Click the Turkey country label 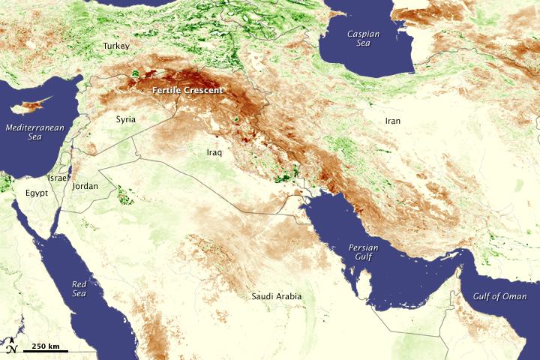116,46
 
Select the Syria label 126,119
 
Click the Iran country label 393,121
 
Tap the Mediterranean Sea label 34,132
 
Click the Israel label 58,178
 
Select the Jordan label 85,186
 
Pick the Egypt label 35,193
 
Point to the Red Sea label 79,289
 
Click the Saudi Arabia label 277,296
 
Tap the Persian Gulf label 364,253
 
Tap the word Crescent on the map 205,91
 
